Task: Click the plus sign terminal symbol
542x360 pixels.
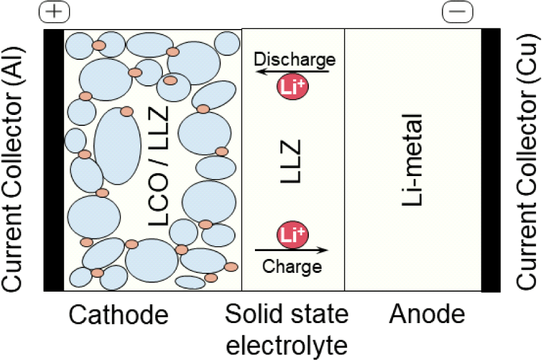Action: click(x=55, y=11)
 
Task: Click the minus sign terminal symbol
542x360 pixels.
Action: click(x=458, y=11)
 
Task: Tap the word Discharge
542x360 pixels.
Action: click(x=294, y=59)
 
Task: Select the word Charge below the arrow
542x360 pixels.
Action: click(x=292, y=266)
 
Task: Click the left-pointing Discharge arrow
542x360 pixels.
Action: click(x=292, y=72)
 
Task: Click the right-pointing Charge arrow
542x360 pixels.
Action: click(x=291, y=249)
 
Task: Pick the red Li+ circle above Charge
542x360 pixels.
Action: click(x=292, y=235)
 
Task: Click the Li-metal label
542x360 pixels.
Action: click(x=412, y=160)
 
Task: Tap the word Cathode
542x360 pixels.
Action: click(x=119, y=315)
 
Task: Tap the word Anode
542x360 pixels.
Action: click(x=427, y=314)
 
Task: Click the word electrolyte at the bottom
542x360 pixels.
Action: click(x=287, y=345)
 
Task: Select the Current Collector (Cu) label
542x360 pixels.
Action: click(x=527, y=162)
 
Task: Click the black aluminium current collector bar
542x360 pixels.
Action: click(x=53, y=160)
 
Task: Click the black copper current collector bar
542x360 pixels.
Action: click(x=491, y=160)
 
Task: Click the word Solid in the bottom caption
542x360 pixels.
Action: click(x=253, y=314)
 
